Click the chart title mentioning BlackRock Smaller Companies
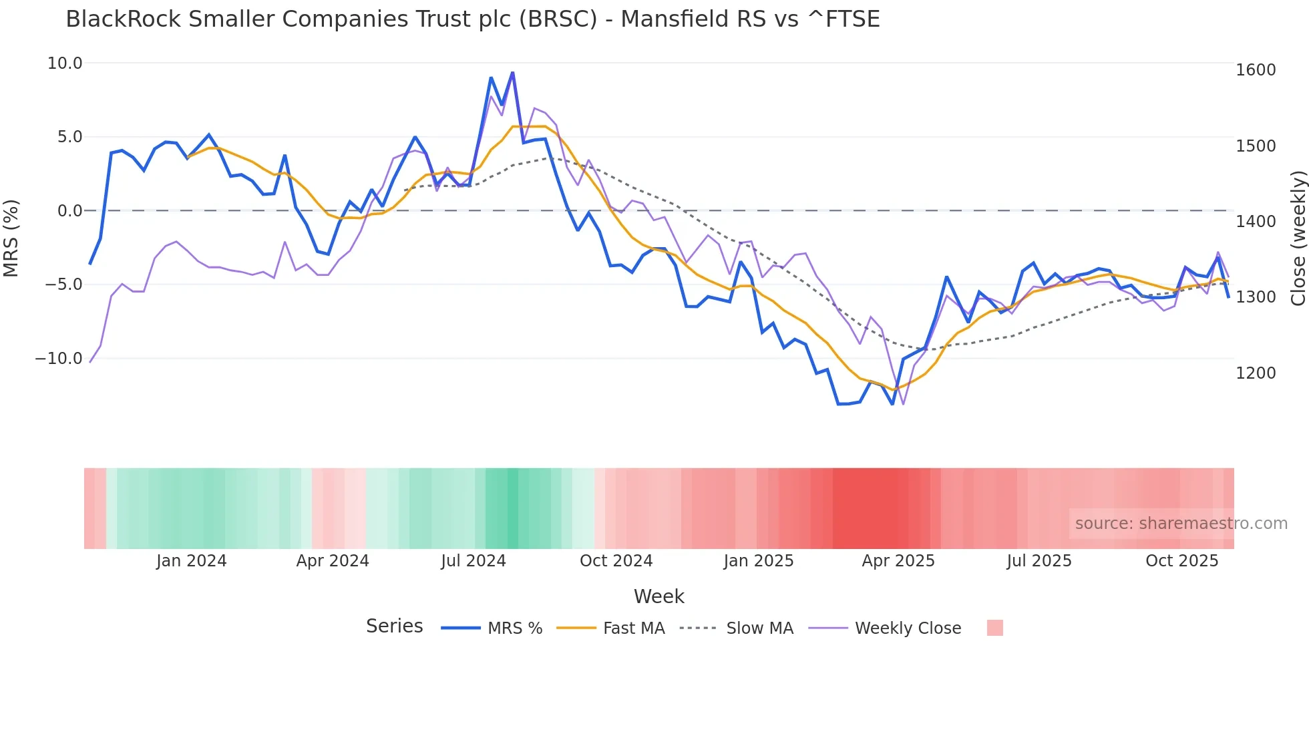pos(472,19)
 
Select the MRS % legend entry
pos(514,628)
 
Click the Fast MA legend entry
pos(633,628)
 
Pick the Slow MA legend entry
pos(759,628)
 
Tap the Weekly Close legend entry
pos(908,628)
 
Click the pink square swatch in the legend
pos(994,628)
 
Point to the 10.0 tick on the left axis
pos(65,63)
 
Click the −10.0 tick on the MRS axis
pos(59,359)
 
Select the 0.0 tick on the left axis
pos(69,211)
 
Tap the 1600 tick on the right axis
pos(1256,70)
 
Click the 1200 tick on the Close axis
pos(1256,373)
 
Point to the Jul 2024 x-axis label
pos(474,561)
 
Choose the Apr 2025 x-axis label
pos(898,561)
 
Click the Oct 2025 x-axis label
pos(1182,561)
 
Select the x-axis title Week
pos(659,596)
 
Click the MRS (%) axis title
pos(11,238)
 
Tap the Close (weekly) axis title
pos(1298,238)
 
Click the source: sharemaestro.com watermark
pos(1181,524)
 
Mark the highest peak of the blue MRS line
pos(512,72)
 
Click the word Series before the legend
pos(394,626)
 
